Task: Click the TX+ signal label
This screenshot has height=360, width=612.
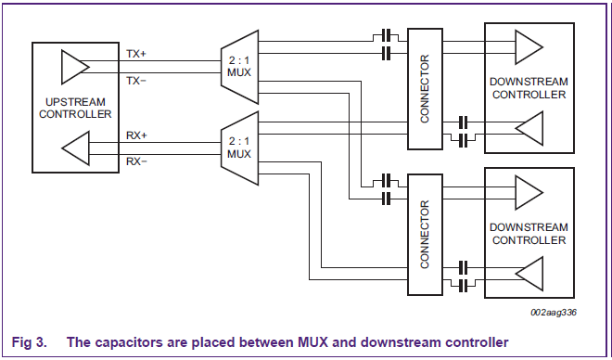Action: pos(135,54)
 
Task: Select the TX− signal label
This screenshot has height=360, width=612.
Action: pos(135,81)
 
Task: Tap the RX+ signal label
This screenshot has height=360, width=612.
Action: pos(135,135)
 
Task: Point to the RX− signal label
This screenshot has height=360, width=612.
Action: pos(135,161)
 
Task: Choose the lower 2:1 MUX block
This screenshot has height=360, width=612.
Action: pos(239,147)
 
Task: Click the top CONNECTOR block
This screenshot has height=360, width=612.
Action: pos(425,87)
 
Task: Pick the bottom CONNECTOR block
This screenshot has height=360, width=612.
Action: pos(425,233)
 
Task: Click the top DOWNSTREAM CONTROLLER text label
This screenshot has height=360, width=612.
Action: pos(529,88)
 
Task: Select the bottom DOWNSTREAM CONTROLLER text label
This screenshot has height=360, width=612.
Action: pos(529,233)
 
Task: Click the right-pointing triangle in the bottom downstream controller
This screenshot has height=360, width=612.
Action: pos(529,192)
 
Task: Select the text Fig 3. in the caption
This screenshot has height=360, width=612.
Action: pos(28,341)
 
